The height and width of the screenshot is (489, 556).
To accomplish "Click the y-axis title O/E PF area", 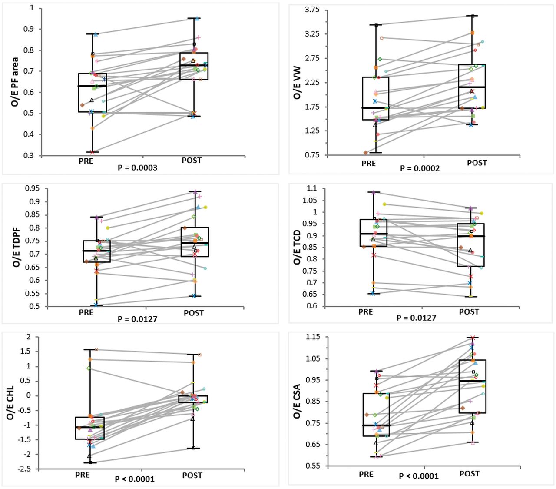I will [x=15, y=82].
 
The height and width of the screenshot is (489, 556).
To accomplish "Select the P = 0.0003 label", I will [x=137, y=168].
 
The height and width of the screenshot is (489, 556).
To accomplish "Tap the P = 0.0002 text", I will [x=420, y=168].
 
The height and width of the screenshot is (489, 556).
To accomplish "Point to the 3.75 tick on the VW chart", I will [x=312, y=10].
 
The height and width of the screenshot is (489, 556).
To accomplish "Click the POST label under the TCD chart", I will [x=469, y=312].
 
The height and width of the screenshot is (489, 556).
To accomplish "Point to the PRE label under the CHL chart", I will [x=83, y=475].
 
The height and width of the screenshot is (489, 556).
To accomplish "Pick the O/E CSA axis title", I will [x=298, y=401].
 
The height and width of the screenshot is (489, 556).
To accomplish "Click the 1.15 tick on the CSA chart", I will [x=312, y=337].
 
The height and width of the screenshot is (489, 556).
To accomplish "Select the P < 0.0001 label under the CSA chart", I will [x=419, y=476].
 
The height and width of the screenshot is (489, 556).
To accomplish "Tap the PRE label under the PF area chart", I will [x=86, y=161].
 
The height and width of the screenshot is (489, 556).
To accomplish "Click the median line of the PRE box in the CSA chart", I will [x=376, y=425].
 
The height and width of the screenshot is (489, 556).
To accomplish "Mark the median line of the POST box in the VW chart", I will [x=472, y=87].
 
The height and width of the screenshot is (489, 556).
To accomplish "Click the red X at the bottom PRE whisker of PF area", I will [x=93, y=152].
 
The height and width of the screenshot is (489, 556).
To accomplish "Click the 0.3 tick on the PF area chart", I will [x=30, y=156].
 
